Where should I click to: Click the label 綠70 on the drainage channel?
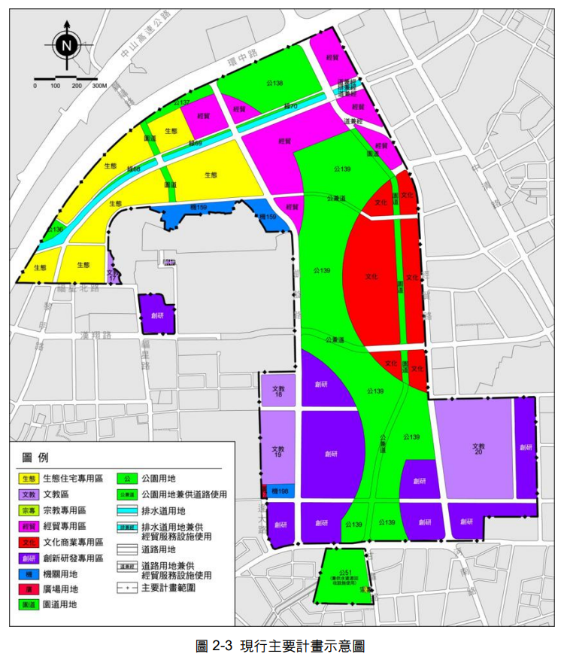point(290,107)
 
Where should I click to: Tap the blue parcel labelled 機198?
point(280,491)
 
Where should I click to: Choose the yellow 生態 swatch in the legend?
point(29,478)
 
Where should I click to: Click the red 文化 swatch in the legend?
point(29,541)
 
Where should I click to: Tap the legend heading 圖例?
point(35,458)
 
